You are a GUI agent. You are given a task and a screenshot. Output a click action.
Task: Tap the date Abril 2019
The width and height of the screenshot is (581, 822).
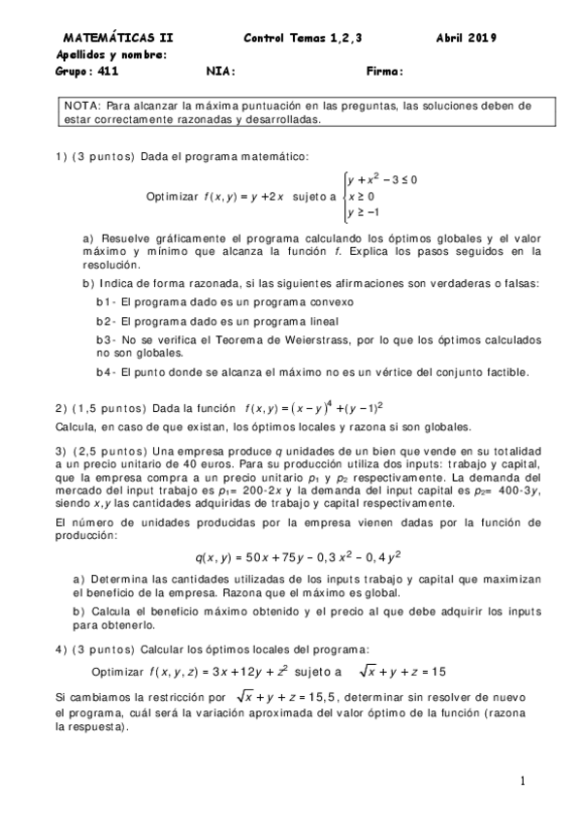coord(467,39)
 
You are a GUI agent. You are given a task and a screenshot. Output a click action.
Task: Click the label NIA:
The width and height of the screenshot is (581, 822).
coord(221,71)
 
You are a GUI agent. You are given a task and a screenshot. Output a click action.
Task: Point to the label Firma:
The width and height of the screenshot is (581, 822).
coord(385,71)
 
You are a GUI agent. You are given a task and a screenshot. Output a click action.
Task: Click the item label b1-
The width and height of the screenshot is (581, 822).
coord(106,301)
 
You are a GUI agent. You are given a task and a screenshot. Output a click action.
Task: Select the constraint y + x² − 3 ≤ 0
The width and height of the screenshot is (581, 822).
coord(382,179)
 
